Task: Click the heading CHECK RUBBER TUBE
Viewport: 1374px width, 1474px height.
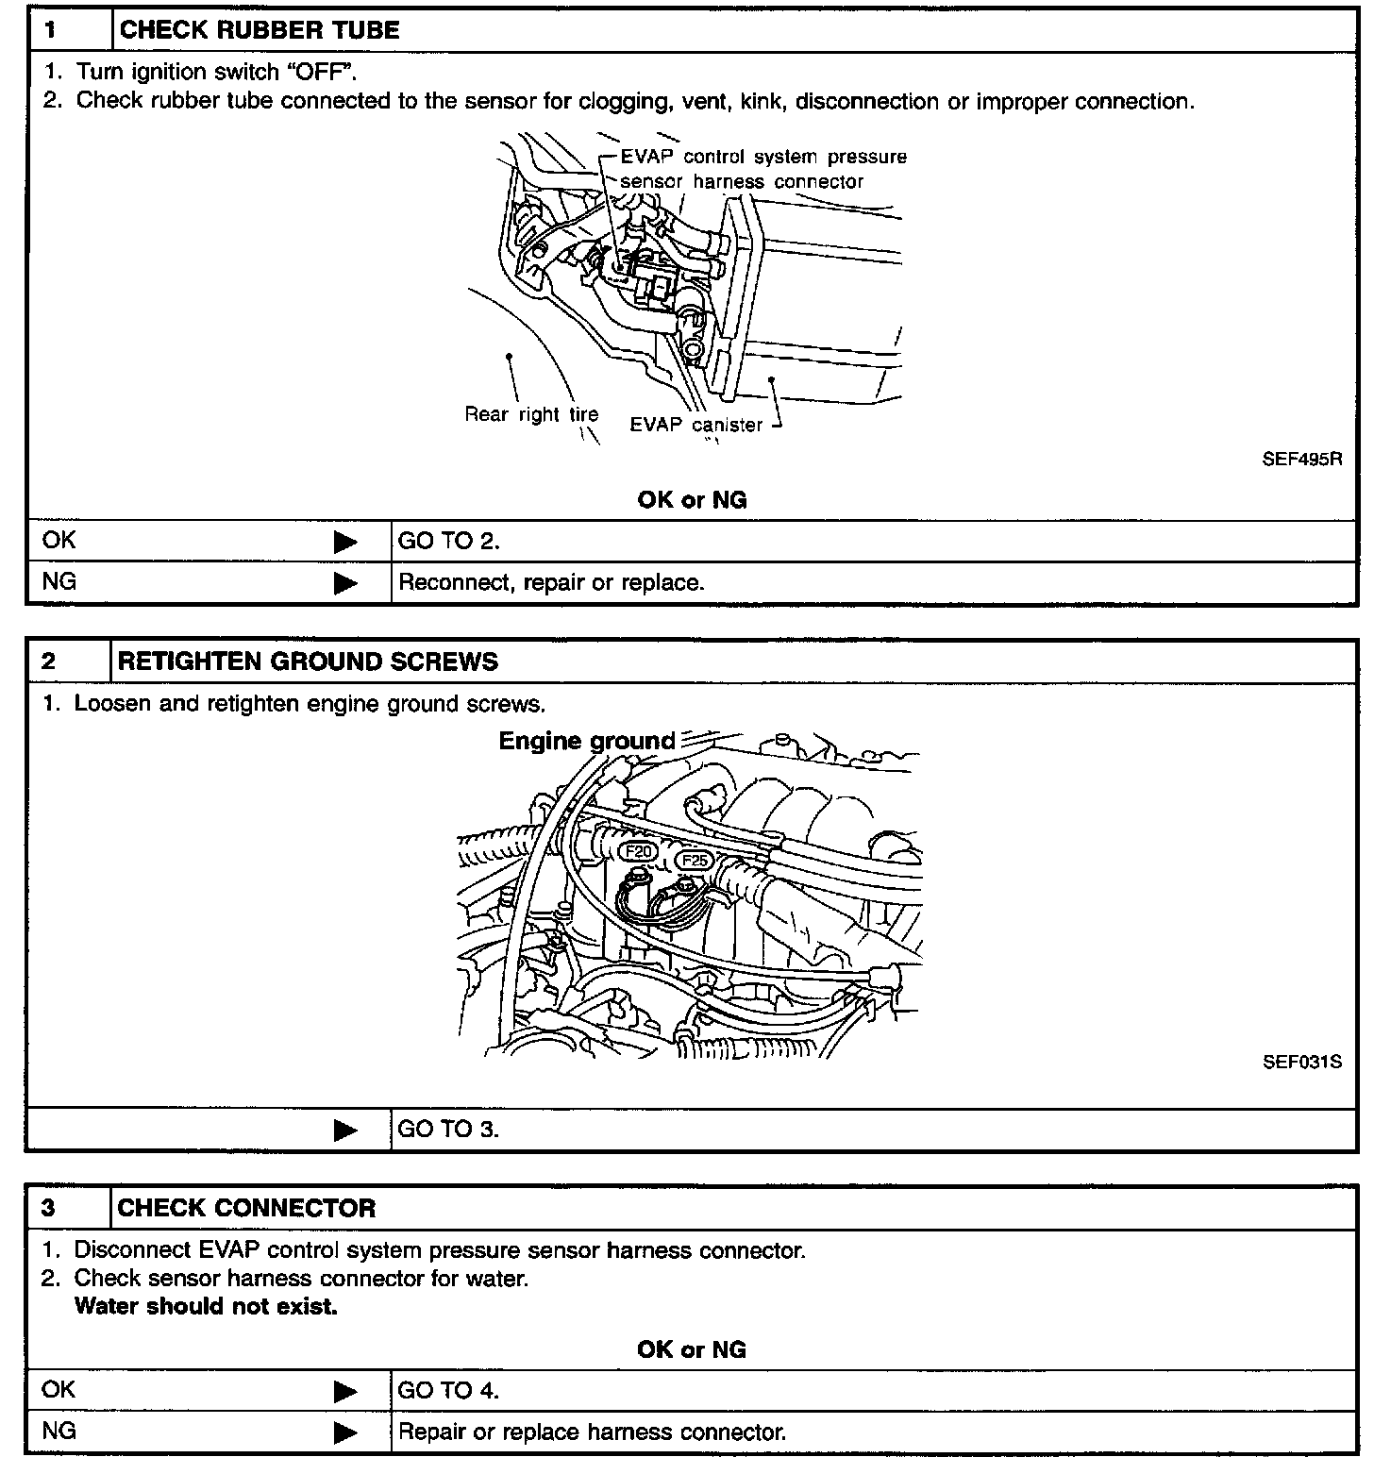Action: [x=260, y=29]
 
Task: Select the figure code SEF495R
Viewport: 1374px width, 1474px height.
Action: [x=1301, y=460]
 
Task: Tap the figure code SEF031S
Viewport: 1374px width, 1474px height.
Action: [x=1301, y=1062]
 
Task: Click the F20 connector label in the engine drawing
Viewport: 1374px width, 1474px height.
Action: [x=640, y=852]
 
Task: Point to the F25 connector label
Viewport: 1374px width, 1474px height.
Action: [x=695, y=860]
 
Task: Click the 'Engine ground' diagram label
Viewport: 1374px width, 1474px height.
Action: [x=586, y=741]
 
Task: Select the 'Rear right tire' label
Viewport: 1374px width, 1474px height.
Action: [x=531, y=414]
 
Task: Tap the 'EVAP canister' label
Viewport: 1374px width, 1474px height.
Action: [x=695, y=425]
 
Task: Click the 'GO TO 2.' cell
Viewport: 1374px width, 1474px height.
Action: [x=448, y=541]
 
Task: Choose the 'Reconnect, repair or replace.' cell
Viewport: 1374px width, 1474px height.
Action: [x=551, y=582]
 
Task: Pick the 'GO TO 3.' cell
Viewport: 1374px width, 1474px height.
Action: [x=448, y=1129]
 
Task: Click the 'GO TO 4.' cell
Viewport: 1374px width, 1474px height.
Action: [x=448, y=1390]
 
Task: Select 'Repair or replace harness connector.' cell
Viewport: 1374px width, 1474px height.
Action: [x=592, y=1432]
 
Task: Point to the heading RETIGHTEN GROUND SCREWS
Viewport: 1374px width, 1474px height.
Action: [x=308, y=662]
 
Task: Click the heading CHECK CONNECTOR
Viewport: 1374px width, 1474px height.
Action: [x=246, y=1208]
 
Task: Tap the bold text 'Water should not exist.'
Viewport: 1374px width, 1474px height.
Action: [x=206, y=1307]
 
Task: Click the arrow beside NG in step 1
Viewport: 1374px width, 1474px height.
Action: [x=345, y=583]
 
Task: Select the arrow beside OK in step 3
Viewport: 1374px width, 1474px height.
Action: [x=345, y=1391]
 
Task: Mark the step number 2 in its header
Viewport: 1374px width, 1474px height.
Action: [x=49, y=662]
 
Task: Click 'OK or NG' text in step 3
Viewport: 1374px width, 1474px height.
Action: [x=691, y=1349]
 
